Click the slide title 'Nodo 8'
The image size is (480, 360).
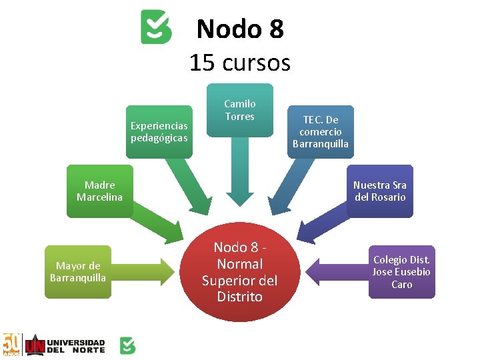240,29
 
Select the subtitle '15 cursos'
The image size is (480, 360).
240,63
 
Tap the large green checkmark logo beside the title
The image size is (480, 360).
156,27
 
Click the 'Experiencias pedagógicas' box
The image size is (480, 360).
159,132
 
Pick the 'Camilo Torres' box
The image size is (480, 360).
239,110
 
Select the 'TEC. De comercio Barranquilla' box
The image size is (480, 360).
321,131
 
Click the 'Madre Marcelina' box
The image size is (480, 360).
99,191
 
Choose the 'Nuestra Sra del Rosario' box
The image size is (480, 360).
379,191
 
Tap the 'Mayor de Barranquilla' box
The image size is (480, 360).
78,272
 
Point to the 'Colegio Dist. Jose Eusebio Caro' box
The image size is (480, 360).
401,272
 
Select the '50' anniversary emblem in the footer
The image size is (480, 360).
12,345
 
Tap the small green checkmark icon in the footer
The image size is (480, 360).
127,345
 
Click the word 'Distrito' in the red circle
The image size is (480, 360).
240,297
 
